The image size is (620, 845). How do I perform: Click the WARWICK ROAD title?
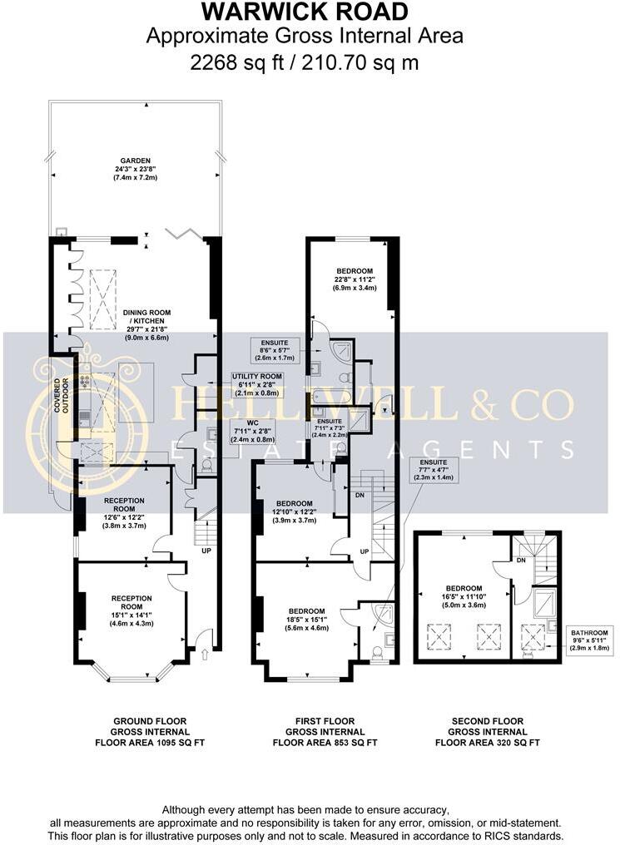point(306,12)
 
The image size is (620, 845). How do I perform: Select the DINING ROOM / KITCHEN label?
point(146,325)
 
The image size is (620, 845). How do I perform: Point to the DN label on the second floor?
point(520,561)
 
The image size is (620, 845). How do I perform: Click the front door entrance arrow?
point(206,655)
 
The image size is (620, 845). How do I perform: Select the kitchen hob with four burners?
point(85,382)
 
